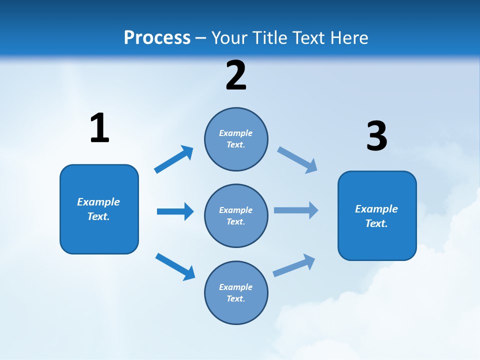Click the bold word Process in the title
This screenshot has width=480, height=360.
click(x=157, y=38)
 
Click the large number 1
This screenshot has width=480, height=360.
click(x=99, y=128)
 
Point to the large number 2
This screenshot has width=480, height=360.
click(x=236, y=75)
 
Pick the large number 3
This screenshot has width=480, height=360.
click(x=376, y=136)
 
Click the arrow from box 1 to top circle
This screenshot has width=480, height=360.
click(x=173, y=159)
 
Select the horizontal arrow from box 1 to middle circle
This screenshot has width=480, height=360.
click(x=175, y=211)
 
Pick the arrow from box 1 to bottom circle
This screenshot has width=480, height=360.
click(x=175, y=266)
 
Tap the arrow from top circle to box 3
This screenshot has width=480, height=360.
click(x=297, y=160)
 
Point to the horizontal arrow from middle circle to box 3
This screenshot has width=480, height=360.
click(x=296, y=210)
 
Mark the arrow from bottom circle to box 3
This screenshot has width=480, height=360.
click(x=294, y=265)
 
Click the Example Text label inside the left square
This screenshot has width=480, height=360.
click(x=98, y=209)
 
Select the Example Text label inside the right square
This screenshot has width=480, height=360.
click(x=376, y=216)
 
